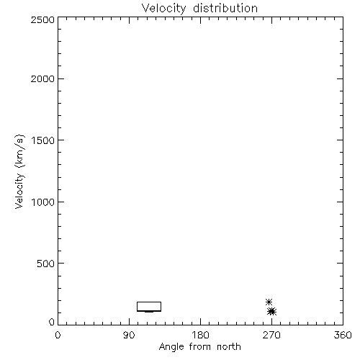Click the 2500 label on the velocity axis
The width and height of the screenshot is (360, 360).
(x=42, y=20)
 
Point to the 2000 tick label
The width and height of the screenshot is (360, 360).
(x=42, y=78)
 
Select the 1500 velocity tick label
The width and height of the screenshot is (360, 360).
(x=43, y=140)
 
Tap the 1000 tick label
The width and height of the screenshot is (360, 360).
(x=43, y=202)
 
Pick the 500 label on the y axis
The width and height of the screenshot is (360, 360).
(x=46, y=264)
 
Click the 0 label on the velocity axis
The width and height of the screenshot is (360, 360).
(x=52, y=322)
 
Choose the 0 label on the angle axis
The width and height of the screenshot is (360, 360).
(x=58, y=335)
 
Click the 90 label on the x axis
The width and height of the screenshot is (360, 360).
(x=129, y=335)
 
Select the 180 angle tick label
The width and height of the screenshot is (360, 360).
(x=200, y=335)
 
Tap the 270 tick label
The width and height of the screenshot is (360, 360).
(x=271, y=335)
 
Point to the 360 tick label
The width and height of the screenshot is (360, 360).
(x=343, y=335)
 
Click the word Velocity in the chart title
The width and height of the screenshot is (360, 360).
(x=163, y=9)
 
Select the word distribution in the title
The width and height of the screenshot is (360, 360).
(x=225, y=8)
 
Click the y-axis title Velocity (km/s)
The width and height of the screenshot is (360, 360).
(x=19, y=171)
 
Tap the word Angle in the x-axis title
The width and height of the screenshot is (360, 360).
(x=171, y=348)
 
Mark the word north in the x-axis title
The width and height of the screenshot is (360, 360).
(x=229, y=347)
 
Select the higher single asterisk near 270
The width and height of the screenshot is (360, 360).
(x=269, y=302)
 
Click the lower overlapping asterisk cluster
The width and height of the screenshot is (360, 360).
(x=271, y=312)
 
